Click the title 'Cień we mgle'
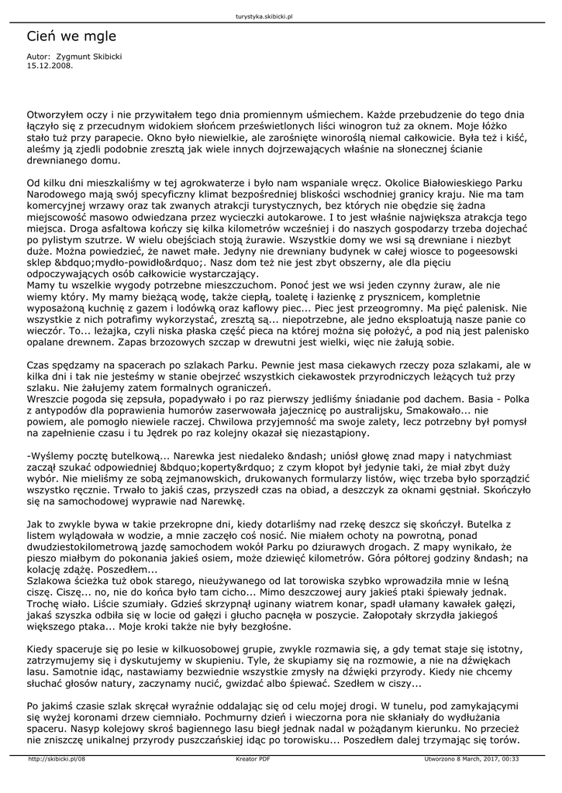71,36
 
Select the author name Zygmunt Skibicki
88,57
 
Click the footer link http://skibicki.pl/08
57,759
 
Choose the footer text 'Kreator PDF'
253,759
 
